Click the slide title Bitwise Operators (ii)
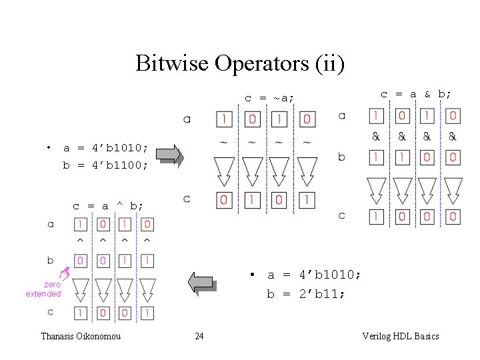(240, 63)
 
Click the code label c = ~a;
(269, 98)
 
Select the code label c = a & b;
(415, 94)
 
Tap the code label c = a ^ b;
(107, 206)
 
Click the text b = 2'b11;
(306, 293)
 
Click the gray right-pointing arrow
(169, 154)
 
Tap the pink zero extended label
(43, 289)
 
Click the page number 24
(199, 336)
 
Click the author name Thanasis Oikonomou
(81, 336)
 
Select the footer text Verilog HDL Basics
(400, 336)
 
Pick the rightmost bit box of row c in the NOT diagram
(306, 199)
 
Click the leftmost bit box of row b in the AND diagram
(377, 157)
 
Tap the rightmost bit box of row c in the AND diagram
(453, 216)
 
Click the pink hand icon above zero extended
(65, 272)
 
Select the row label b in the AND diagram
(342, 157)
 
